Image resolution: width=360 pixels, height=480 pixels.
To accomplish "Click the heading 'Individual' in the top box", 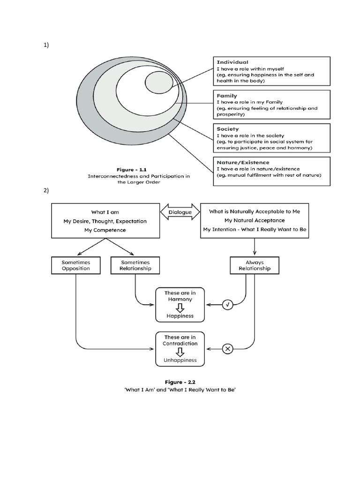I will (x=232, y=62).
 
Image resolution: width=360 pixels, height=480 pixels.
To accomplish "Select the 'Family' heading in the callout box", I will (x=227, y=96).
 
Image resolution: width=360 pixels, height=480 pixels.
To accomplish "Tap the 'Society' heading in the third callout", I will (x=228, y=129).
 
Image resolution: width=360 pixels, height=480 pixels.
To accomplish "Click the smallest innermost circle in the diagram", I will (x=159, y=83).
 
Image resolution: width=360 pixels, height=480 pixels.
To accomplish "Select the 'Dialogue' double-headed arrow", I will (x=180, y=212).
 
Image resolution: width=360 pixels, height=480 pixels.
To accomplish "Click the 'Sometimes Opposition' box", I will (x=76, y=266).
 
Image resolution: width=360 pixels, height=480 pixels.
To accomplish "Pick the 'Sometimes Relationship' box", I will (x=135, y=266).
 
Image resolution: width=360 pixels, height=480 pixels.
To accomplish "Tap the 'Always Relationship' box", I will (x=255, y=266).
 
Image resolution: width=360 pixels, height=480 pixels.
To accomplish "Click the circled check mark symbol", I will (x=227, y=305).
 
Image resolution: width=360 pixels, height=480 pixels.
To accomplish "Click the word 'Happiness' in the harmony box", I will (x=180, y=316).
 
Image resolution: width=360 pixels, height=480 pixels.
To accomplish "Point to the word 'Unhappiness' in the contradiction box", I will (x=180, y=360).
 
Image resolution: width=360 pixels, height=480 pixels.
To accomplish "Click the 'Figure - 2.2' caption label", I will (x=180, y=382).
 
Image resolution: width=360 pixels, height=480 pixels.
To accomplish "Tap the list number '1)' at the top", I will (x=46, y=45).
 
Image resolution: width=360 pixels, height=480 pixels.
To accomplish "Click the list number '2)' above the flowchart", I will (x=46, y=191).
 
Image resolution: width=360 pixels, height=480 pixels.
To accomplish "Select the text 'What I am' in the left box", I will (x=105, y=212).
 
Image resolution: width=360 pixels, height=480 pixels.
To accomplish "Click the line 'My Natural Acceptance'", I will (x=255, y=220).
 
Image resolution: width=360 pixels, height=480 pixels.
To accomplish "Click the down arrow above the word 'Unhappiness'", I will (x=180, y=352).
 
